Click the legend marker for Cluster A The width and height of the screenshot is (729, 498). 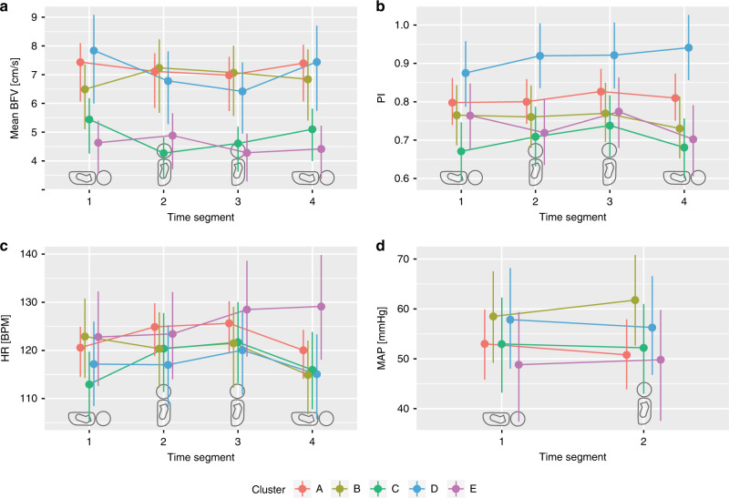[x=303, y=489]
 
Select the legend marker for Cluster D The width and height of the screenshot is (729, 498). [x=417, y=489]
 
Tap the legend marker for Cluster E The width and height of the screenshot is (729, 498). [x=457, y=489]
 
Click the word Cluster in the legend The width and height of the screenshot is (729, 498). [x=268, y=489]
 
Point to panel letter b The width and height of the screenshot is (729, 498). [x=380, y=6]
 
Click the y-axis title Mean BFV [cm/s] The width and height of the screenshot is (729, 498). [x=15, y=98]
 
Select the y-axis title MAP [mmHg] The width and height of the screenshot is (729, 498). [x=382, y=338]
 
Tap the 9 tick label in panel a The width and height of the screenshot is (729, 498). [x=35, y=17]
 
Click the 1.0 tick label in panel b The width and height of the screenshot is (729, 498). [x=402, y=25]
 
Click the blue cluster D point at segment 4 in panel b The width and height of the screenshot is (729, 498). [x=689, y=48]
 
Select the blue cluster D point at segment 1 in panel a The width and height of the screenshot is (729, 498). [x=94, y=50]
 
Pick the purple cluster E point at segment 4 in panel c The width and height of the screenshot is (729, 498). [x=322, y=307]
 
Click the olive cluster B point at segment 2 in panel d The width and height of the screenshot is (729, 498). [x=635, y=300]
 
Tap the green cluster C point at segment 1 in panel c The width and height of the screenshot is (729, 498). [x=89, y=384]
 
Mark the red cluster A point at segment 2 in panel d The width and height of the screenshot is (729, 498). [x=627, y=355]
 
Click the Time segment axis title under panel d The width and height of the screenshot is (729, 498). [x=573, y=457]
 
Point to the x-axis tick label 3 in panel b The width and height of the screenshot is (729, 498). [x=610, y=201]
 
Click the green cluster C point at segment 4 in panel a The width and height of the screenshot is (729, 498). [x=312, y=129]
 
